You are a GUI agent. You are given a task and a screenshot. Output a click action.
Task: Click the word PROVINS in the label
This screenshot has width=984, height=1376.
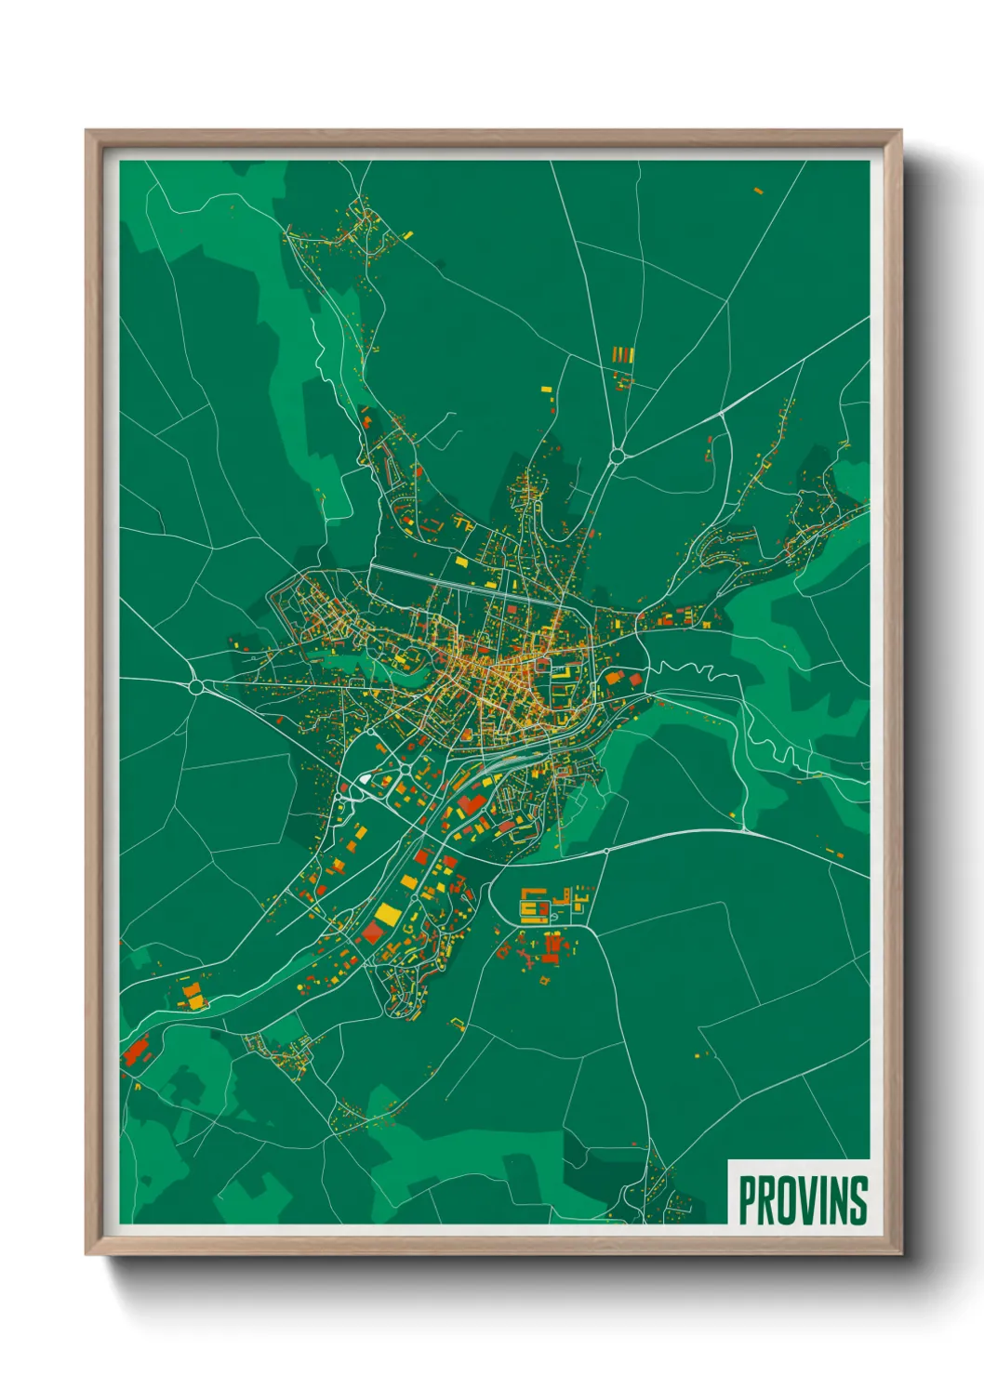pyautogui.click(x=803, y=1200)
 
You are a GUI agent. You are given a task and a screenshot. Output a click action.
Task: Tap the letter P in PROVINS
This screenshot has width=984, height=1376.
pyautogui.click(x=747, y=1200)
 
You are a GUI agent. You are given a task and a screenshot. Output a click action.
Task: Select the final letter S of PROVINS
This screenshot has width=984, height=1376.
pyautogui.click(x=858, y=1200)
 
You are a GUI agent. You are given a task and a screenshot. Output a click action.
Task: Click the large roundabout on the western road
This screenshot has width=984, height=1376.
pyautogui.click(x=196, y=687)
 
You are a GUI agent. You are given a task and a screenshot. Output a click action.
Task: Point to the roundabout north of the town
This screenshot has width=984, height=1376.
pyautogui.click(x=616, y=456)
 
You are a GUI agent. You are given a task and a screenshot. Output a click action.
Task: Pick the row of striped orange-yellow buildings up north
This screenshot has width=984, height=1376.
pyautogui.click(x=623, y=355)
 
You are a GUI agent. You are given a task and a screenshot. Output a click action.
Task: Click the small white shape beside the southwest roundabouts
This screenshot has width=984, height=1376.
pyautogui.click(x=366, y=779)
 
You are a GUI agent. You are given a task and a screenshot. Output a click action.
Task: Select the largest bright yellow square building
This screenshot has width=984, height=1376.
pyautogui.click(x=387, y=913)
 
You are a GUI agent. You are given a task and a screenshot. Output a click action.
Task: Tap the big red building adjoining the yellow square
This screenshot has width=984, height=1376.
pyautogui.click(x=373, y=933)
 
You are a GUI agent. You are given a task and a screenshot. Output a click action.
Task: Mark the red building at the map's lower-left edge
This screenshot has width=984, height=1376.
pyautogui.click(x=136, y=1052)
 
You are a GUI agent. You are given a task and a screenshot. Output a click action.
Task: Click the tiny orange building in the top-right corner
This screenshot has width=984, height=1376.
pyautogui.click(x=758, y=191)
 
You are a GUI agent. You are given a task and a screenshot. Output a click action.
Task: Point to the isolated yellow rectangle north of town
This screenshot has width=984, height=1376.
pyautogui.click(x=547, y=390)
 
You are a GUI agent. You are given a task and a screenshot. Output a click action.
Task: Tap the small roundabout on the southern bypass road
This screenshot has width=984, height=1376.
pyautogui.click(x=606, y=851)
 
